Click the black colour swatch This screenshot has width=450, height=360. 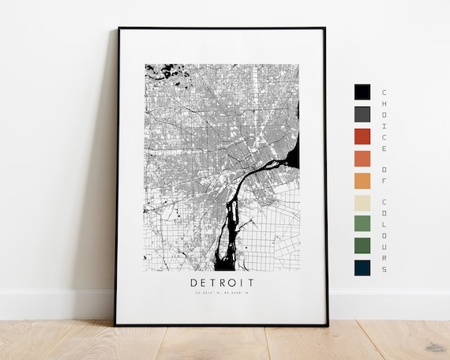[362, 92]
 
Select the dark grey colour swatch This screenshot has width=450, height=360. [362, 114]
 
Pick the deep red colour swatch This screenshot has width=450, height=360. [362, 136]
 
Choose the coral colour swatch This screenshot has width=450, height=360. [362, 158]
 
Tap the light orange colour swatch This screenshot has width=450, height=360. [362, 180]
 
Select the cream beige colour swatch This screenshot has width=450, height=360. [362, 202]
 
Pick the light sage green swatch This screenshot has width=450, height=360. [362, 223]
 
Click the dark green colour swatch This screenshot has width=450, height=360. [362, 246]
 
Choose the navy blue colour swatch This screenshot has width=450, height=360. [362, 268]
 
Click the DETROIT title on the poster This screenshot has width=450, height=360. [222, 282]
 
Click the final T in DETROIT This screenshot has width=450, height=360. [250, 282]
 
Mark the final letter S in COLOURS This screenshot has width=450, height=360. [384, 269]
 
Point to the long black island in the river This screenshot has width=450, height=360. [231, 225]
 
